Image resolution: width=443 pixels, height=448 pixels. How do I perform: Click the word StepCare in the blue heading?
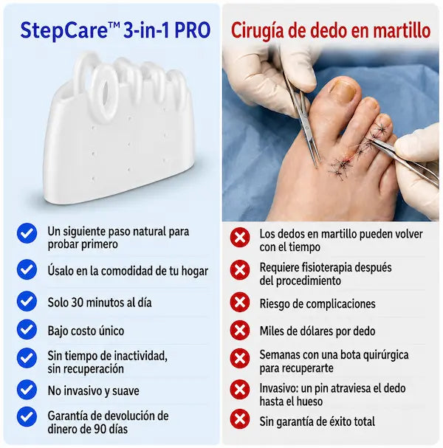(63, 31)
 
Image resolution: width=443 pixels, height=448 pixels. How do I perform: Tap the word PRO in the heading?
(193, 30)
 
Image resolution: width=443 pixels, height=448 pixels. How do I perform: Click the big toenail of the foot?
(343, 90)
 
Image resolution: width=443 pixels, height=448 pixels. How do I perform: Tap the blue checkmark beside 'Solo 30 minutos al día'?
(27, 301)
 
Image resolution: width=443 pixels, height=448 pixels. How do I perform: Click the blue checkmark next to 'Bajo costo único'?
(27, 329)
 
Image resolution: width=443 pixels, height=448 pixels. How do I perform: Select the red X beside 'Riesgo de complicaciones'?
(240, 302)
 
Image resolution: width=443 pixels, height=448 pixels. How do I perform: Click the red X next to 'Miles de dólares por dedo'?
(240, 331)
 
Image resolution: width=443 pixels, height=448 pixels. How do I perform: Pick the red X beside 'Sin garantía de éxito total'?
(240, 419)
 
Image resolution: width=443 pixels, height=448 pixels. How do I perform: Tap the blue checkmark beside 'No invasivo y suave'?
(27, 390)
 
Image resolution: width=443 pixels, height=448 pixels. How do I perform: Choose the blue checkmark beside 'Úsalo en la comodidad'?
(27, 269)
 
